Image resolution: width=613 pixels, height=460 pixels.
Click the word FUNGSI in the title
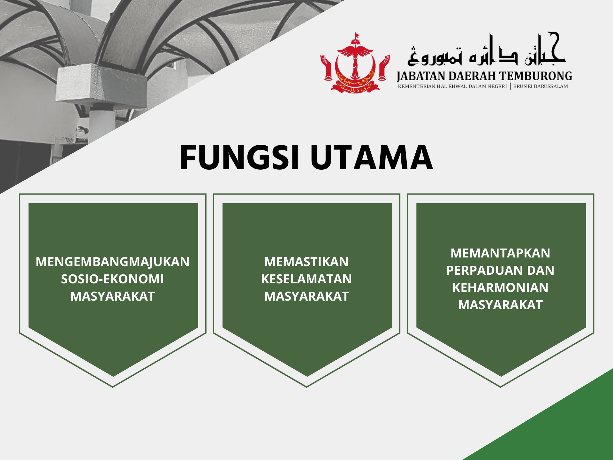(240, 157)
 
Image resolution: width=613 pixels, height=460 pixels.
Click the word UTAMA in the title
(372, 157)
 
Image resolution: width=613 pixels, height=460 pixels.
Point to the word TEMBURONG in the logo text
(536, 76)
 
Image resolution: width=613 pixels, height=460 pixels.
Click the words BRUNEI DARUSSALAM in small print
(541, 86)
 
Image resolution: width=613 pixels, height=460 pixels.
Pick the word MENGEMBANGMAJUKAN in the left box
(113, 262)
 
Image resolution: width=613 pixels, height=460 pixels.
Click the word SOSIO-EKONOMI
(113, 279)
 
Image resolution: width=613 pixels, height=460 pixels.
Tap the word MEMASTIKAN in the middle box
(306, 262)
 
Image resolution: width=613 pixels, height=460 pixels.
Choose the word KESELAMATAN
(306, 279)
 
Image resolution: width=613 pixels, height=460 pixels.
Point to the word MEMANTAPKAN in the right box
(500, 253)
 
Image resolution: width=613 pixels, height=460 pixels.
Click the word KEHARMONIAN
(500, 288)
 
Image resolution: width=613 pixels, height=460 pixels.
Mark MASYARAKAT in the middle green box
(306, 296)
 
